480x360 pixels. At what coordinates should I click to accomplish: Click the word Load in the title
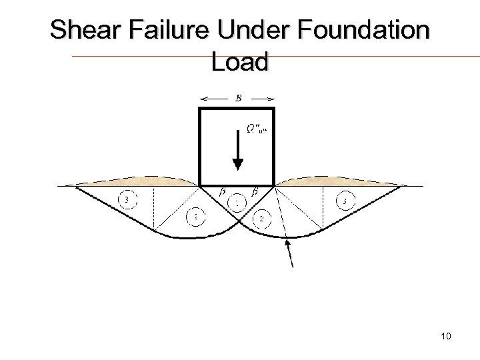click(x=239, y=62)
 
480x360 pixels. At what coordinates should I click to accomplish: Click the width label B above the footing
click(x=238, y=99)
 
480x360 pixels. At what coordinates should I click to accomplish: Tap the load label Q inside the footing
click(x=255, y=128)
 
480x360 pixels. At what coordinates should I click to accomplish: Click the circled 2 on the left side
click(x=194, y=217)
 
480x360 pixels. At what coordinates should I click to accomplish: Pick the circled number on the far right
click(x=344, y=200)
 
